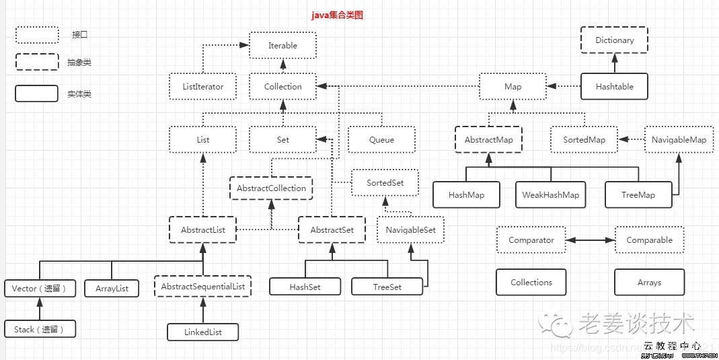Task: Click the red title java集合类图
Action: click(x=336, y=14)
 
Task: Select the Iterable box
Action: click(x=282, y=46)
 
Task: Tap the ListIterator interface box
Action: click(x=203, y=87)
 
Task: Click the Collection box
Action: click(x=282, y=87)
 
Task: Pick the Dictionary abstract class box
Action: click(x=614, y=40)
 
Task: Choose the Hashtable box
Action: click(x=614, y=87)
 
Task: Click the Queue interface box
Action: click(x=381, y=140)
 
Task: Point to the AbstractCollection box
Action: click(x=271, y=188)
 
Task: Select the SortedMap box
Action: click(x=584, y=140)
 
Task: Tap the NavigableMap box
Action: click(x=679, y=140)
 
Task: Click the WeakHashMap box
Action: click(x=550, y=195)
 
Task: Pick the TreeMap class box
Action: click(x=638, y=195)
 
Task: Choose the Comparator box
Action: click(x=531, y=240)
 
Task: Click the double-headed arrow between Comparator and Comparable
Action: click(x=590, y=240)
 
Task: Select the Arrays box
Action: click(x=649, y=283)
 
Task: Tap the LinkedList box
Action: click(x=202, y=332)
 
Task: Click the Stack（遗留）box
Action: click(x=39, y=330)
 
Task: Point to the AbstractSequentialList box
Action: click(x=202, y=287)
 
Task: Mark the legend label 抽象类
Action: click(x=79, y=63)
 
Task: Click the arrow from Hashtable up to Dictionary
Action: click(x=614, y=64)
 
